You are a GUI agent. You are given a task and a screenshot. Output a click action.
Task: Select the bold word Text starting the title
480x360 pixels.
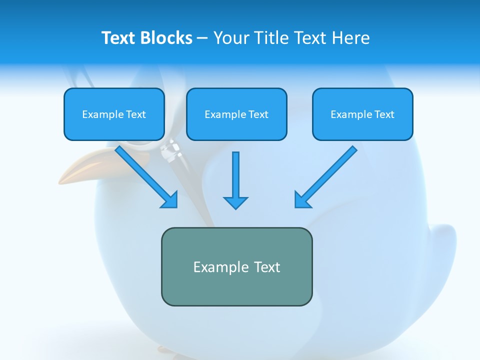tap(118, 38)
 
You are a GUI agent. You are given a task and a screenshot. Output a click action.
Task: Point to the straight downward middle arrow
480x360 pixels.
tap(235, 175)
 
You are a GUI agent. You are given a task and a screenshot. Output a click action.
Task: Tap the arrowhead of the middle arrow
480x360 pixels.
tap(235, 202)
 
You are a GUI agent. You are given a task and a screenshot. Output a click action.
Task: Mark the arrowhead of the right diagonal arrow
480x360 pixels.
tap(302, 200)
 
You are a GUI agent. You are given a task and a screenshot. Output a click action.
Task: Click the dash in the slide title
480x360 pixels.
tap(202, 38)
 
